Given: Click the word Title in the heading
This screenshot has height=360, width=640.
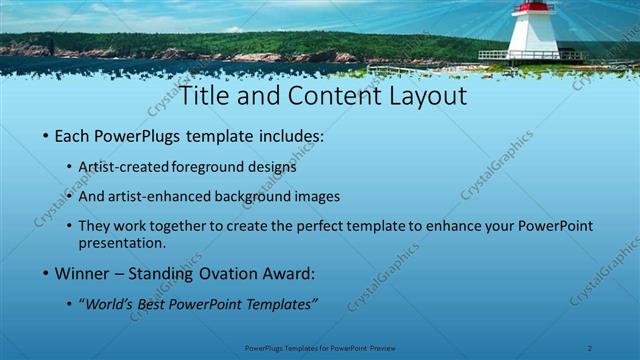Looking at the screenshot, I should tap(204, 96).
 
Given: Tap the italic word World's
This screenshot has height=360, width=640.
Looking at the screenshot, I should tap(111, 302).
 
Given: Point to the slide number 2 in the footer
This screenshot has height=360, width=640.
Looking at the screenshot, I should tap(590, 348).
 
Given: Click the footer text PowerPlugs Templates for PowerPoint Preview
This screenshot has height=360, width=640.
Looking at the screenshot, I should tap(320, 348).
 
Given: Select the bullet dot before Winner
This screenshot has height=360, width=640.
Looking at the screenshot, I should tap(45, 273).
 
